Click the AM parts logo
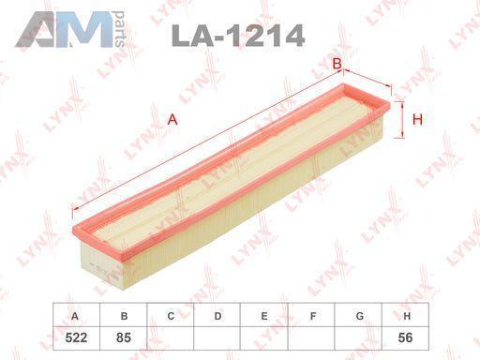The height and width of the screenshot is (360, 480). (x=70, y=29)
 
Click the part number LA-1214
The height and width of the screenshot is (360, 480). (x=238, y=36)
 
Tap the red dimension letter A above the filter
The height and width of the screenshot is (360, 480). (x=172, y=120)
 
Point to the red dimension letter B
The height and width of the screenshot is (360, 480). (x=337, y=64)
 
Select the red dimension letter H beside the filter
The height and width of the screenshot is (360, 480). (x=417, y=119)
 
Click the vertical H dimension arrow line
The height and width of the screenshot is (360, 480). (x=402, y=120)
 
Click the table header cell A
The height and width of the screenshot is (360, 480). (x=77, y=315)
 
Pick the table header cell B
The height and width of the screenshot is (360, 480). (x=124, y=315)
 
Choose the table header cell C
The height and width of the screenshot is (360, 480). (x=171, y=315)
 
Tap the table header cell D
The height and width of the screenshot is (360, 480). (x=217, y=315)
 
